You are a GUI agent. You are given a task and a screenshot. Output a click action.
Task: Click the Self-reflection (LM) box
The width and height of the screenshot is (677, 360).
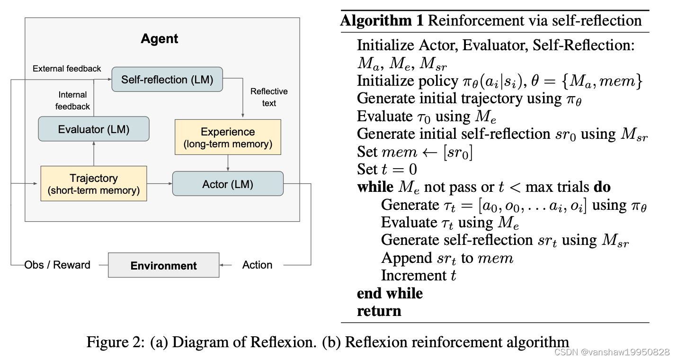167,80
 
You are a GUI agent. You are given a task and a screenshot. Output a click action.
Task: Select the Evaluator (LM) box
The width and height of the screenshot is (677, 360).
93,129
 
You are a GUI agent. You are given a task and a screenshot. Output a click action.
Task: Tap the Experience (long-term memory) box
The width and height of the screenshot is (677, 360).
228,137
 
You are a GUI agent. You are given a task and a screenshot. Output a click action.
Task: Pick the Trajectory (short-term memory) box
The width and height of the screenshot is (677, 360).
94,184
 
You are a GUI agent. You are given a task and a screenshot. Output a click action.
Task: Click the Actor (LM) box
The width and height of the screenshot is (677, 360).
228,184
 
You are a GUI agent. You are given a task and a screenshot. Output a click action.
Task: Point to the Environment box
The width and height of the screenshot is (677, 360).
163,265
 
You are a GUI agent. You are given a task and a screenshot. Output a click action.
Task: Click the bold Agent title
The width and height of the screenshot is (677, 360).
160,39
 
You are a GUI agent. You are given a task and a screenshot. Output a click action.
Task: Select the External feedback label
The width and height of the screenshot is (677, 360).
67,69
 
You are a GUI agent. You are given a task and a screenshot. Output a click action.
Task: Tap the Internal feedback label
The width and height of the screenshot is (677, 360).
72,100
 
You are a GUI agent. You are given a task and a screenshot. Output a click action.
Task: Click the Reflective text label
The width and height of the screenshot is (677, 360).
269,97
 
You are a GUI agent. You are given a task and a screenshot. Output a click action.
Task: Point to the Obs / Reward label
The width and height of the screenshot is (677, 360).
57,265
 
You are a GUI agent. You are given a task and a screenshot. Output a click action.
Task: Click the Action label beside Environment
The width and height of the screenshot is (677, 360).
257,265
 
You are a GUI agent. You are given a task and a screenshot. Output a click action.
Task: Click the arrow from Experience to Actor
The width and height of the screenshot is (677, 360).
228,163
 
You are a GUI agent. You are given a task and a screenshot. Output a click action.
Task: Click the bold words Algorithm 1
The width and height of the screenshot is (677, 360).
383,21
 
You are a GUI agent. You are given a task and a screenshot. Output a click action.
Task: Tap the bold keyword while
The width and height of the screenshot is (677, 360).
374,187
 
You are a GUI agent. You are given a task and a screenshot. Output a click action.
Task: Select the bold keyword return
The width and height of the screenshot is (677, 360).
379,311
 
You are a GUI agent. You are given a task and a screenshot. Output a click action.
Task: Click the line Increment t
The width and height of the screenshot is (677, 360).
419,276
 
